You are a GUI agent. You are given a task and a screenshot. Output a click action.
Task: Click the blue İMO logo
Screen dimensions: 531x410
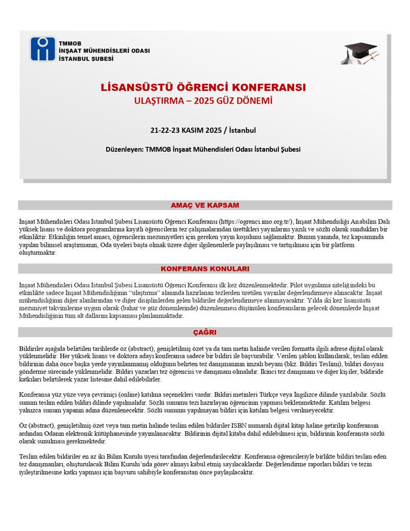click(42, 49)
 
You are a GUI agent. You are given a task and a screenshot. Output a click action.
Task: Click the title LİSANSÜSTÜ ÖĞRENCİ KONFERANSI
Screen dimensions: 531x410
click(203, 87)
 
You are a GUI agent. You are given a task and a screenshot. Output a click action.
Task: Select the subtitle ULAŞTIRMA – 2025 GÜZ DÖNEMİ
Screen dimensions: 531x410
click(203, 101)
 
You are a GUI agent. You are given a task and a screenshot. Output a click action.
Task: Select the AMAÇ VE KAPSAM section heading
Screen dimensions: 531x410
click(205, 205)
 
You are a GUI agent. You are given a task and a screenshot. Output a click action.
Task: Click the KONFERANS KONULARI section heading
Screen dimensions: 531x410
click(205, 269)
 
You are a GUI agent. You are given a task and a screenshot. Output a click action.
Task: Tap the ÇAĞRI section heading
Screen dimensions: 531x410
click(205, 332)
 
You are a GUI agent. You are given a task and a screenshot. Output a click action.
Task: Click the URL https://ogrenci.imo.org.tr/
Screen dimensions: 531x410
click(256, 221)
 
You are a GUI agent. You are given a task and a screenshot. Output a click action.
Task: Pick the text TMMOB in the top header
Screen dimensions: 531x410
click(69, 42)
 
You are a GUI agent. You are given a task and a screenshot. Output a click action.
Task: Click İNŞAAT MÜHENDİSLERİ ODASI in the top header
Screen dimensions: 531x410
click(104, 50)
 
